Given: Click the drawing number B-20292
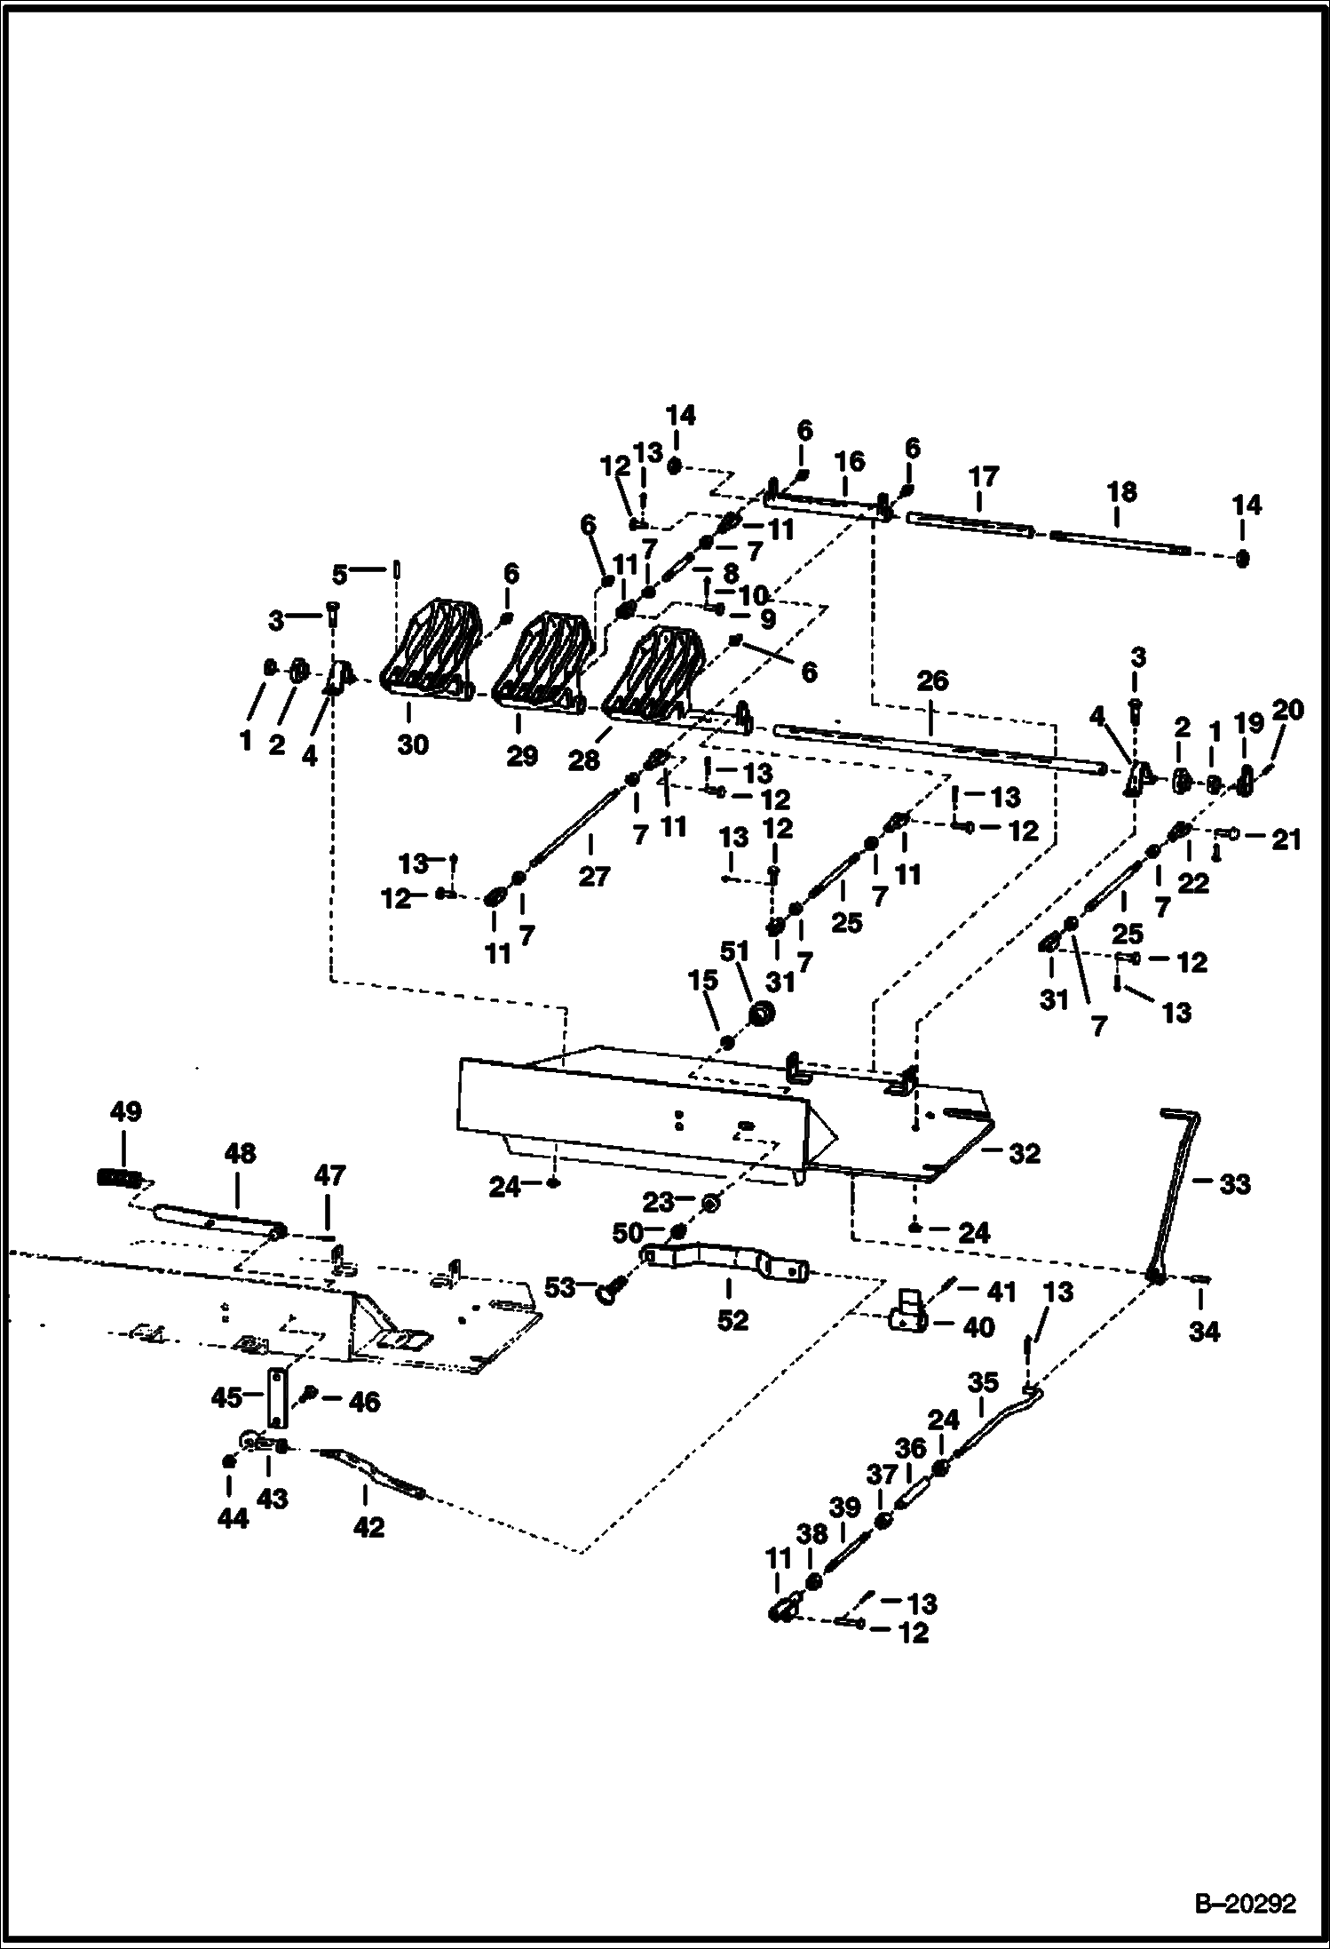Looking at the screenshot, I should (1245, 1904).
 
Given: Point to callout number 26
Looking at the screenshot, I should (932, 681).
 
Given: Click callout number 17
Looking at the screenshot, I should (983, 476).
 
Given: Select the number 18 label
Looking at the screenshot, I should (1121, 491).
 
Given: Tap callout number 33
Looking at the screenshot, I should (1234, 1183).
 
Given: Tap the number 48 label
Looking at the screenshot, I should (241, 1153).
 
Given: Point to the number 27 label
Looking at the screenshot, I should (594, 877).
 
